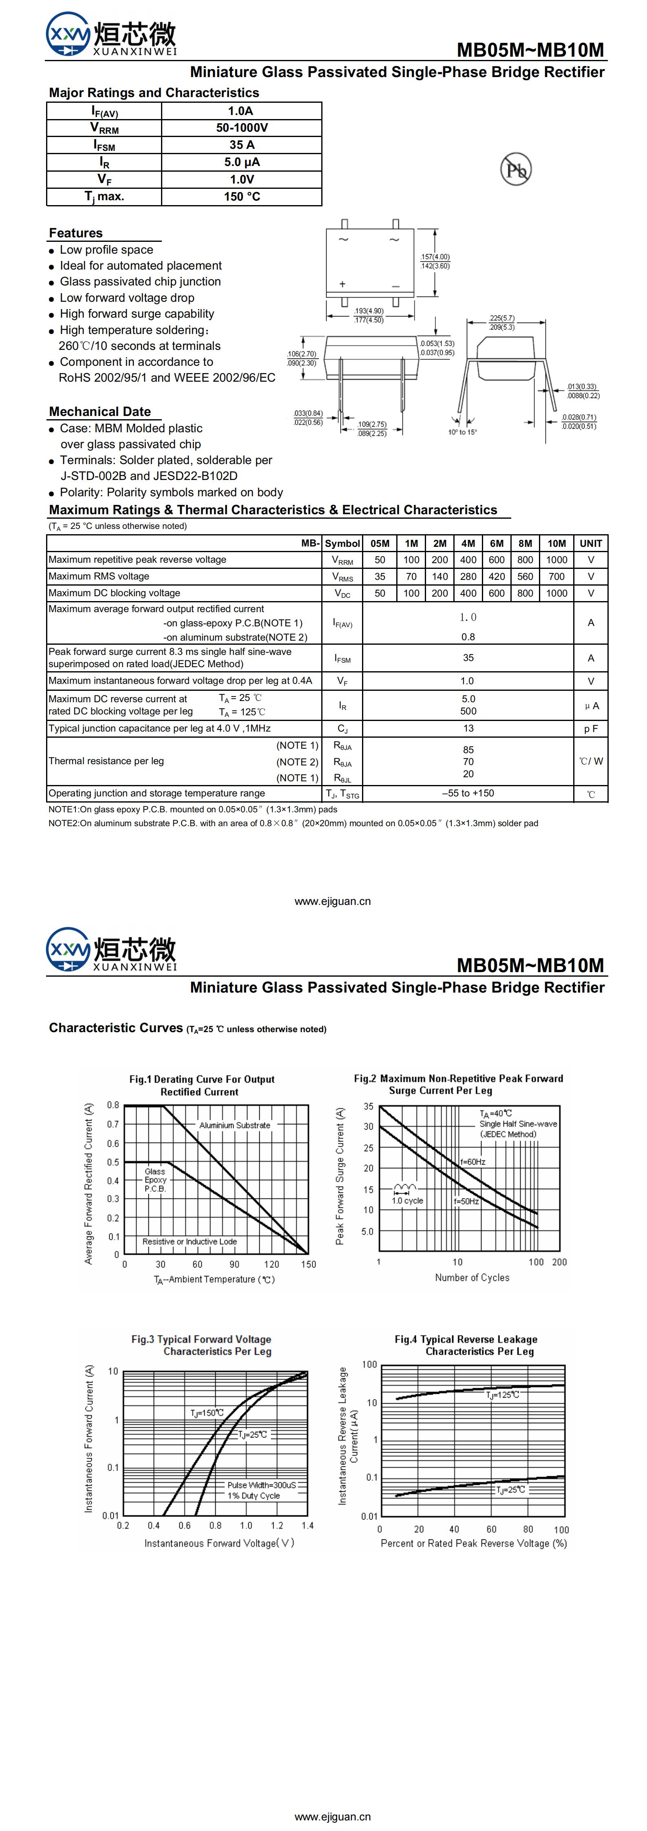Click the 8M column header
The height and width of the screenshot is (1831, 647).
pos(525,543)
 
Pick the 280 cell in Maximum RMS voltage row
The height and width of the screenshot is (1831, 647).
pos(468,577)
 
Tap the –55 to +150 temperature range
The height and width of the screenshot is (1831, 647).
pos(468,793)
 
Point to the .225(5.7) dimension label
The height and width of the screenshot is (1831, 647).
pos(502,318)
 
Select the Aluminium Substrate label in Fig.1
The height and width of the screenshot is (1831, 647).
pos(235,1125)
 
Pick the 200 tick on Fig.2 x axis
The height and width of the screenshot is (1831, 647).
pos(559,1263)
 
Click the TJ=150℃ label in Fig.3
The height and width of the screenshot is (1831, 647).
pos(206,1413)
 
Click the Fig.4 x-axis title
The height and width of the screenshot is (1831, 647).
pos(473,1543)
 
